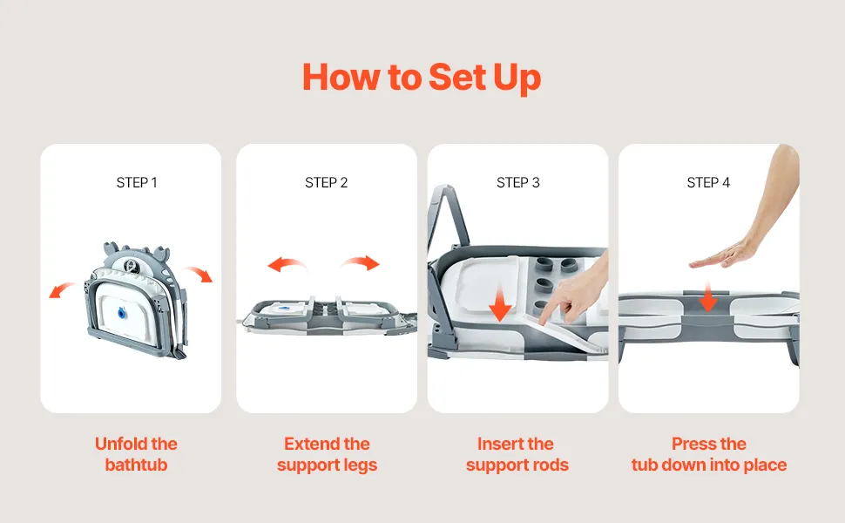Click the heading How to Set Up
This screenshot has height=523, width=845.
[x=422, y=77]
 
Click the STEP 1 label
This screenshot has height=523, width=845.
[x=137, y=182]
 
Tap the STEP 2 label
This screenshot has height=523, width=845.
[x=327, y=182]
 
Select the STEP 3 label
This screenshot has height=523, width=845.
[x=518, y=182]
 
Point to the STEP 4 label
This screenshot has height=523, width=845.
[x=709, y=182]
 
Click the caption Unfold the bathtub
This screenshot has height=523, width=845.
[x=136, y=454]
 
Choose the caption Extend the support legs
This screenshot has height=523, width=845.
[x=327, y=454]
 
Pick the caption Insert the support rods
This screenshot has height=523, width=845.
[x=517, y=454]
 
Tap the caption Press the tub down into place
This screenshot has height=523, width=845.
[x=709, y=454]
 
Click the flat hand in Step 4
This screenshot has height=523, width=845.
[x=727, y=255]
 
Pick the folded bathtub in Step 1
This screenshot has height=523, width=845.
[x=131, y=301]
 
